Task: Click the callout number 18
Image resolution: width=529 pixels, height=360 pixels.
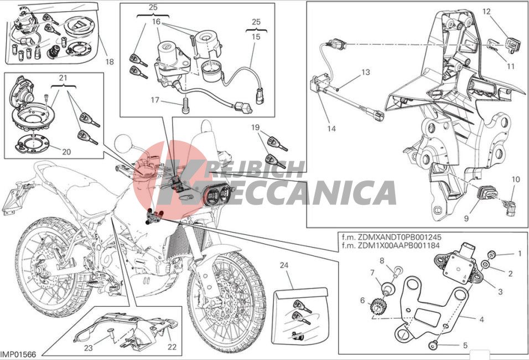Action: [110, 61]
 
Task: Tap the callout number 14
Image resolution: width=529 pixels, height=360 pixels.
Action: [331, 128]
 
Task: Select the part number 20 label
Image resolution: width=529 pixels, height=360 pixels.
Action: [66, 152]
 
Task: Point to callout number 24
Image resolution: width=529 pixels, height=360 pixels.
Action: [284, 265]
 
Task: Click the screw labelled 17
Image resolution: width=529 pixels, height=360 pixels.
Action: [185, 107]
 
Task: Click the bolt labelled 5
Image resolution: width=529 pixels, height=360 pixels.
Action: [433, 345]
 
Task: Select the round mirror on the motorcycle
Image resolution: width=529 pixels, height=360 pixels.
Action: [124, 144]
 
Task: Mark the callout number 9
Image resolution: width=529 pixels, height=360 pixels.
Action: [466, 219]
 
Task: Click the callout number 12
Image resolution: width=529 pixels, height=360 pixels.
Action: [486, 12]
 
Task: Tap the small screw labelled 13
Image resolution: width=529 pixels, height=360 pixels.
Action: [338, 89]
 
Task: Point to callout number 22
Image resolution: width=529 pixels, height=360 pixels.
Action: [172, 347]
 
